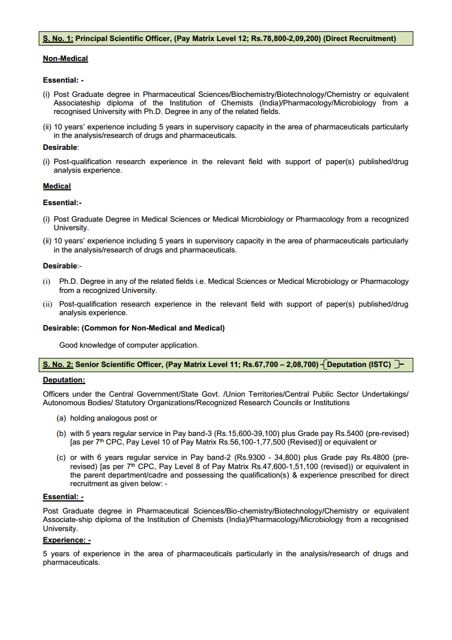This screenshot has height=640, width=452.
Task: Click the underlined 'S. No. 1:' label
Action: pyautogui.click(x=58, y=39)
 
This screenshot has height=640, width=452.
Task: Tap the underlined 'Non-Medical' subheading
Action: pyautogui.click(x=65, y=59)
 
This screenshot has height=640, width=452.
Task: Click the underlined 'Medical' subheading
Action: pyautogui.click(x=57, y=186)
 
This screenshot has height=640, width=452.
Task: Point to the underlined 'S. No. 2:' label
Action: pyautogui.click(x=58, y=365)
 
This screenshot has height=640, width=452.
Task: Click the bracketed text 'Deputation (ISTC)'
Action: pyautogui.click(x=359, y=365)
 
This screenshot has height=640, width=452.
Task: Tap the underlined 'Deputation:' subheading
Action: pyautogui.click(x=64, y=380)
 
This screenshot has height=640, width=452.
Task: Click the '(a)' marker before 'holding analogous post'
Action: pyautogui.click(x=61, y=418)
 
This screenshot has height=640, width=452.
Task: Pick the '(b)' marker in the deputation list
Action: pyautogui.click(x=61, y=434)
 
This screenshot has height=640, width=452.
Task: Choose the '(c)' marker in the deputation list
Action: pyautogui.click(x=61, y=458)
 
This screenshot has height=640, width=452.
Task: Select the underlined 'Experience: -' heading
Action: pyautogui.click(x=66, y=540)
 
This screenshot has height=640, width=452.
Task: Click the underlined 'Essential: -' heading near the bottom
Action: pyautogui.click(x=63, y=497)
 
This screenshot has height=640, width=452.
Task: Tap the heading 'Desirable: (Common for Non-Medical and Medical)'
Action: pyautogui.click(x=134, y=328)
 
